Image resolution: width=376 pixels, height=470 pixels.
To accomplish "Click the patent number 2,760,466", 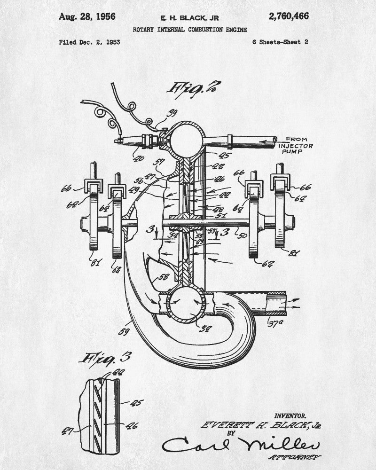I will point(288,17).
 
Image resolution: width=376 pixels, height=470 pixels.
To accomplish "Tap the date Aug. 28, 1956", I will point(87,17).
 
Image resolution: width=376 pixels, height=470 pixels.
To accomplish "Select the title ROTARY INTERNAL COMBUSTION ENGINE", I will point(189,30).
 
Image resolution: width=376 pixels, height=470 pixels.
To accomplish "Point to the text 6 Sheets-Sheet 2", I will point(280,42).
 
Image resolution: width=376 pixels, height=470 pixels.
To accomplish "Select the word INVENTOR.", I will point(291,415).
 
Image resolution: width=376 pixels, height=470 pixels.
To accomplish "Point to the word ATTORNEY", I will point(294,457).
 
